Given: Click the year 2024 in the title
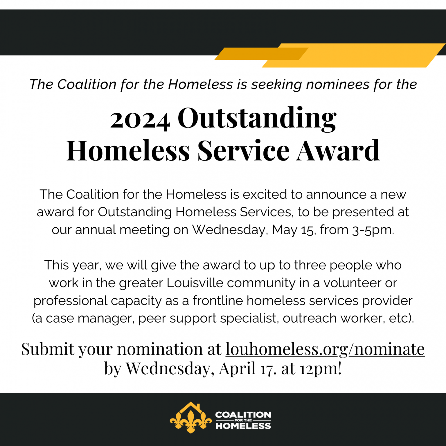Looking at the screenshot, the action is [140, 120].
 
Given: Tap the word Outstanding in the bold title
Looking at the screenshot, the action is [257, 118].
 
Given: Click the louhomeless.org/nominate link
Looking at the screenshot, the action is [325, 349].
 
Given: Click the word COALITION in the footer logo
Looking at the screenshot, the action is [243, 415].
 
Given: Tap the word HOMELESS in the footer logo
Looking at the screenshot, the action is [243, 426].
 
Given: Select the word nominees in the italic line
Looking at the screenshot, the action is [338, 84].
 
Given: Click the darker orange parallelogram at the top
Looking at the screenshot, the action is [261, 54].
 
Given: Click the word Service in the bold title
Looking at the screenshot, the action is [243, 150].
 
